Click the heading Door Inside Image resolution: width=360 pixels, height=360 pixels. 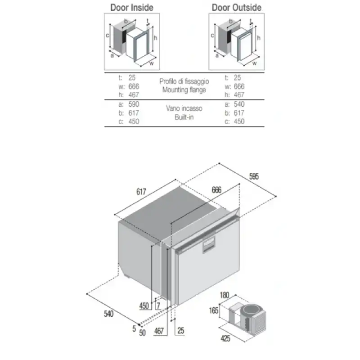[x=132, y=8]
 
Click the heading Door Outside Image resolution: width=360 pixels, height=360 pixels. [x=236, y=8]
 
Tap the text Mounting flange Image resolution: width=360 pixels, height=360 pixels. [x=184, y=90]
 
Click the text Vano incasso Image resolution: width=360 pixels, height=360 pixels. [x=184, y=108]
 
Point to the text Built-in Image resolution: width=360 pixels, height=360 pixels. [x=184, y=117]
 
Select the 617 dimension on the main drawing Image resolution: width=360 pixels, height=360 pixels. [x=141, y=192]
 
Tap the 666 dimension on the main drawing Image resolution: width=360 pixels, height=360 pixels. [x=216, y=190]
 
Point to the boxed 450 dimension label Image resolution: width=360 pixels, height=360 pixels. [x=144, y=306]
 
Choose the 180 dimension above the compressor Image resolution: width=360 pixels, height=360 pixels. [x=225, y=296]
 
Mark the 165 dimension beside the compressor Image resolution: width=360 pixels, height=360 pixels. [x=213, y=310]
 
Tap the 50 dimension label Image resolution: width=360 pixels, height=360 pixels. [x=142, y=333]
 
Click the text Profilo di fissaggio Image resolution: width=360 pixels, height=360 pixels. [x=184, y=81]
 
